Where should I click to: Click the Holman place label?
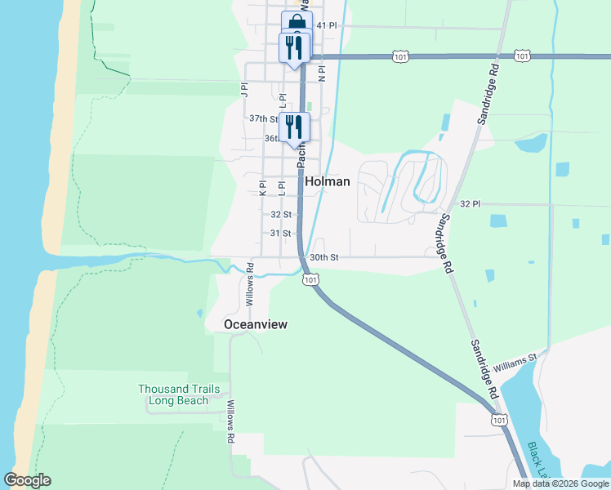click(328, 182)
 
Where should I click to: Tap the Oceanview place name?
click(256, 325)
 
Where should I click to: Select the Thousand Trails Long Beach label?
click(179, 395)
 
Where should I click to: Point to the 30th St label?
click(324, 257)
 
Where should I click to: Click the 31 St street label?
click(281, 234)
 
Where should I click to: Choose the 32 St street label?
click(281, 215)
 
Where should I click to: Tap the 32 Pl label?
click(470, 203)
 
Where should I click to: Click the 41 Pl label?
click(327, 26)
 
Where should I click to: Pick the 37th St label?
click(264, 119)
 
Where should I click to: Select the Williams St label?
click(515, 359)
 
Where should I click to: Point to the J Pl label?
click(243, 89)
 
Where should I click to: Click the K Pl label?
click(263, 189)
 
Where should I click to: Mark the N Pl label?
click(322, 73)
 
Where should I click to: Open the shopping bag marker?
click(297, 23)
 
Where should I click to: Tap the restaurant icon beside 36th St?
click(294, 127)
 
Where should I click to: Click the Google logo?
click(27, 480)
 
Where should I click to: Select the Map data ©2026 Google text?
click(560, 483)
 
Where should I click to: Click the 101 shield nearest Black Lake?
click(497, 419)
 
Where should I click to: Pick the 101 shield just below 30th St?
click(310, 280)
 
